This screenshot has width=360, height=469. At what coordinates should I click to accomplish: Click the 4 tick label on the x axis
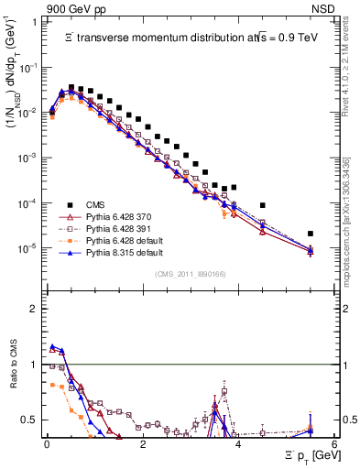tap(239, 443)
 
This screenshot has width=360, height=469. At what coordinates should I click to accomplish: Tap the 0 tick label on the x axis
tap(47, 443)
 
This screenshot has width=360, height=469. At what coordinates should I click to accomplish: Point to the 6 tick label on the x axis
tap(335, 443)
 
